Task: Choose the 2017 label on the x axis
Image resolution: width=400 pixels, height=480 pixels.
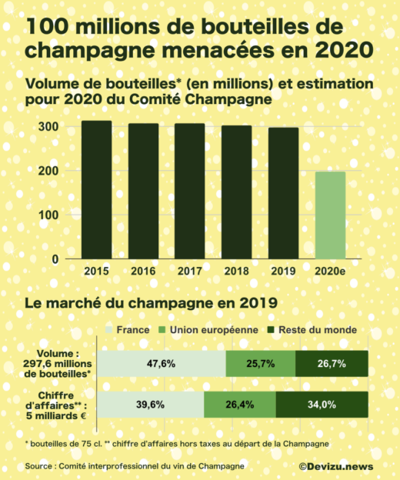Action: (x=190, y=271)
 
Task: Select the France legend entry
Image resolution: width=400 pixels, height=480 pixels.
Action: (x=132, y=330)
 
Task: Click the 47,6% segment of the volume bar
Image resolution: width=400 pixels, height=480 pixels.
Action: (x=162, y=362)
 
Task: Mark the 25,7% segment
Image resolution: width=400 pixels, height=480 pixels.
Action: (x=261, y=362)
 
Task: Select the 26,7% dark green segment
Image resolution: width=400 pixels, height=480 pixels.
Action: (x=332, y=362)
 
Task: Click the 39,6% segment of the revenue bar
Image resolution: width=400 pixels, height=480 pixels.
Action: (x=151, y=405)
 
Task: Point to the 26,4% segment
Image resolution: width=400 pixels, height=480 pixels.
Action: (x=240, y=405)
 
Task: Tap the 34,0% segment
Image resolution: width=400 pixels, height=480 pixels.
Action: (x=322, y=405)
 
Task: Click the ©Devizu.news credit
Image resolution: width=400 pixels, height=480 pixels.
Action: (x=337, y=465)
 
